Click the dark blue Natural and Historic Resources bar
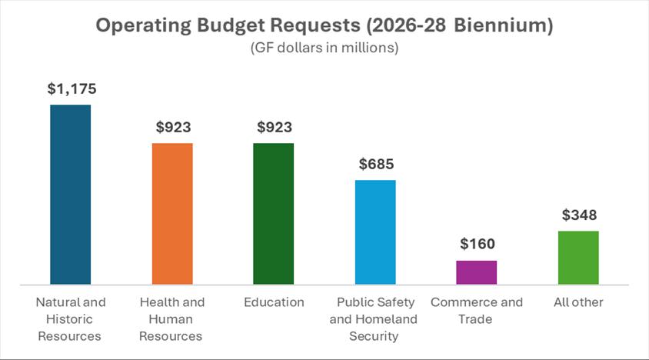coord(71,194)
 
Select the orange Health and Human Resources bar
coord(172,214)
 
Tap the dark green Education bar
coord(274,214)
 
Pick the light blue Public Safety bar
coord(375,232)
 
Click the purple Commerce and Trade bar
coord(477,272)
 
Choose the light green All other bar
coord(578,258)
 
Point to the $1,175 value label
coord(71,89)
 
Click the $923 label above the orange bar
coord(172,128)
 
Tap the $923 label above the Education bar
coord(274,128)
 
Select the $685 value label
coord(375,165)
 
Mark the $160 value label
coord(477,245)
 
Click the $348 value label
coord(578,215)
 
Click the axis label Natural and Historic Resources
coord(71,319)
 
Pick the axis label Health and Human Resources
coord(172,319)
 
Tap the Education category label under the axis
coord(274,302)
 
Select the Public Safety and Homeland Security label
coord(375,319)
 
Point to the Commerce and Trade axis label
coord(477,311)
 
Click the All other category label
coord(578,302)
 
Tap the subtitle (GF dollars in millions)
coord(324,48)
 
